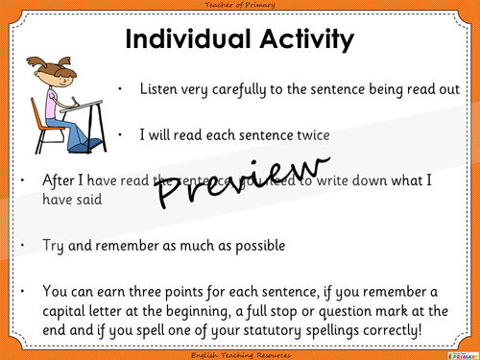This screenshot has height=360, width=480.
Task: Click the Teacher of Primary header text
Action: tap(239, 6)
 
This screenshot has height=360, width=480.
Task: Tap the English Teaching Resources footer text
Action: tap(239, 353)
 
